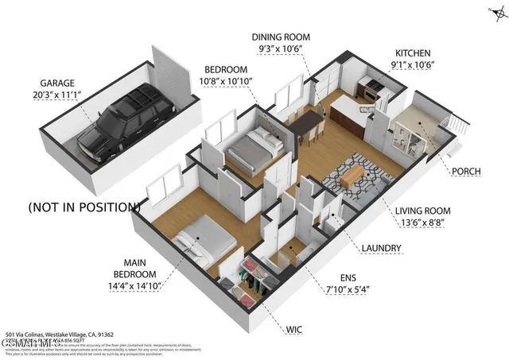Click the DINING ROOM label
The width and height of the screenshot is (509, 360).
point(280,37)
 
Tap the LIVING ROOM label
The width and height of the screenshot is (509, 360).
point(422,211)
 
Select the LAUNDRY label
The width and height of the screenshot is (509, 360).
point(380,249)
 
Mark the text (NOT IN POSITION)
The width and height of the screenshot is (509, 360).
point(84,207)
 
